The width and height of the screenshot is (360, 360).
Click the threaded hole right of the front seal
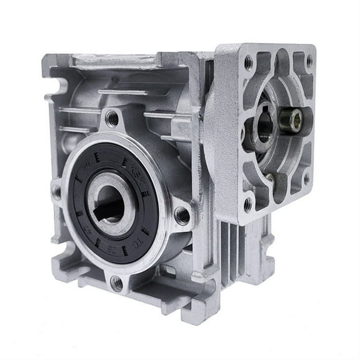click(x=182, y=216)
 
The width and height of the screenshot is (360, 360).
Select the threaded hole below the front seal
click(x=117, y=282)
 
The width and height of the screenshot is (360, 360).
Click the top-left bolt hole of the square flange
click(x=248, y=61)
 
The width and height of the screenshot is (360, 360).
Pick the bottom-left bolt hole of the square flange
click(x=247, y=204)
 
